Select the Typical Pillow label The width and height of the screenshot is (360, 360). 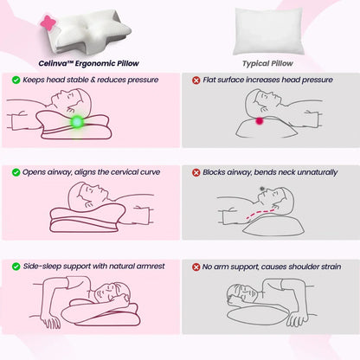269,62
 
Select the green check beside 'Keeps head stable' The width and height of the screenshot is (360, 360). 16,80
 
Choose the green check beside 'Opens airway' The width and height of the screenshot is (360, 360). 16,172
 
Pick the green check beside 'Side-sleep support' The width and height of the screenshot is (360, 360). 16,267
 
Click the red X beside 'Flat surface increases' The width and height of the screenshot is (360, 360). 196,80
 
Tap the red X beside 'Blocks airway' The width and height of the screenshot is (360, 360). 196,172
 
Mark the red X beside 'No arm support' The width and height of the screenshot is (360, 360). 196,267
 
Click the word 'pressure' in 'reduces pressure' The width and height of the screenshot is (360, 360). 144,80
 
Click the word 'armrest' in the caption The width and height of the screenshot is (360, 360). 145,267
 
